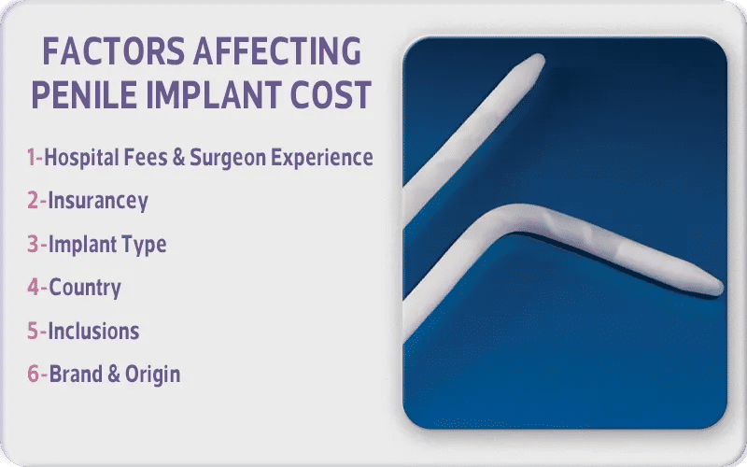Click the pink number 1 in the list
coord(31,158)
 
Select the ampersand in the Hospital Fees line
coord(176,158)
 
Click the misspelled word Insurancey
coord(97,201)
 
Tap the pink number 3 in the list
coord(32,245)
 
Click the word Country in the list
coord(84,288)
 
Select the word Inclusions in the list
coord(93,331)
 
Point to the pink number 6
coord(33,375)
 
